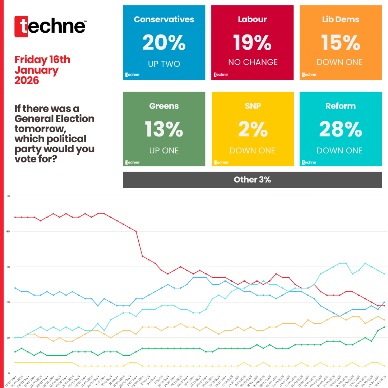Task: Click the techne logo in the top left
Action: pos(50,26)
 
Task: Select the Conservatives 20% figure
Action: pos(164,43)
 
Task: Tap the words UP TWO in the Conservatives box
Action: pos(164,64)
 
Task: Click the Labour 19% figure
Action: pos(252,43)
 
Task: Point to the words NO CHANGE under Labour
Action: pos(253,62)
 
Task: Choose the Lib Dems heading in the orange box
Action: pos(341,19)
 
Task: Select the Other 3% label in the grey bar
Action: pos(252,180)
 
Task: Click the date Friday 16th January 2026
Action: pos(42,70)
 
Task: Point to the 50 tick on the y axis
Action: pos(8,196)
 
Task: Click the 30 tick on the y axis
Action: pos(8,267)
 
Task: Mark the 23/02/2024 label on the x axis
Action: pos(11,380)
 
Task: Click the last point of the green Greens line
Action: pos(384,327)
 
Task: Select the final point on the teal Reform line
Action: pos(384,274)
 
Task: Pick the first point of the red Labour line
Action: pos(15,217)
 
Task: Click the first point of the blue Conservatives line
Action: pos(15,288)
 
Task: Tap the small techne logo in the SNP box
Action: pos(221,162)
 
